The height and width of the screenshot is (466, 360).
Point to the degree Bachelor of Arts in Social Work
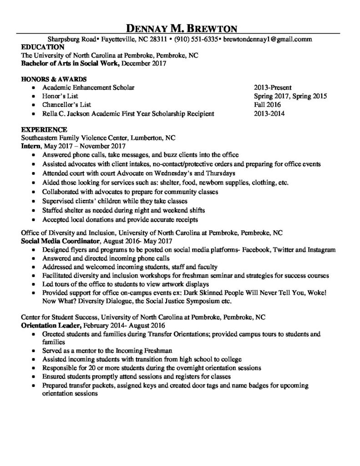click(x=70, y=64)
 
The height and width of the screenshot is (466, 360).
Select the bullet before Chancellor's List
click(x=34, y=105)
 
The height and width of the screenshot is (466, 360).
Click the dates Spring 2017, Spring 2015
click(x=290, y=96)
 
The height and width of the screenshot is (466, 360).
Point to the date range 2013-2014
click(x=269, y=114)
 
